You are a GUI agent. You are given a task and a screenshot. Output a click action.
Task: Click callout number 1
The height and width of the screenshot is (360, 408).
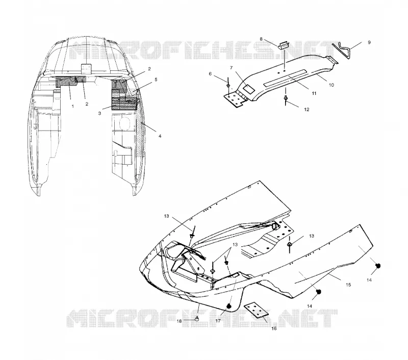pyautogui.click(x=73, y=106)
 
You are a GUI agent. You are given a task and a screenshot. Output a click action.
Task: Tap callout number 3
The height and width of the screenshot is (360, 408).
pyautogui.click(x=99, y=113)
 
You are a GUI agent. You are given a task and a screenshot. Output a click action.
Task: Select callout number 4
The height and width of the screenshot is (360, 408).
pyautogui.click(x=160, y=136)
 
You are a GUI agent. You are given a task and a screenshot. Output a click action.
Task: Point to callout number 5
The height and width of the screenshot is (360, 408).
pyautogui.click(x=156, y=80)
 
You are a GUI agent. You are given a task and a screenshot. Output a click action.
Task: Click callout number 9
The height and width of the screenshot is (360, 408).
pyautogui.click(x=369, y=42)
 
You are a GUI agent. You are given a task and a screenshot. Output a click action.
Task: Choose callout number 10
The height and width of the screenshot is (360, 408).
pyautogui.click(x=331, y=85)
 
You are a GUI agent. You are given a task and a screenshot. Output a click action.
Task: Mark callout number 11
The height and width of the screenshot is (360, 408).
pyautogui.click(x=314, y=93)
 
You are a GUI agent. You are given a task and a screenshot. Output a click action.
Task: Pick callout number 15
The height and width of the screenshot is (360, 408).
pyautogui.click(x=348, y=285)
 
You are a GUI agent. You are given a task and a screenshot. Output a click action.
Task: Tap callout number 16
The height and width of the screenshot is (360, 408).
pyautogui.click(x=274, y=328)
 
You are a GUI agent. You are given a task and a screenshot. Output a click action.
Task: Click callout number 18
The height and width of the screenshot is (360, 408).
pyautogui.click(x=179, y=321)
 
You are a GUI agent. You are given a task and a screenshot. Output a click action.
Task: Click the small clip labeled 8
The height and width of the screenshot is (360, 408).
pyautogui.click(x=284, y=45)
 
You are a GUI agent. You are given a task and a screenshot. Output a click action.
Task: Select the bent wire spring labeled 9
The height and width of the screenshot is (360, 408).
pyautogui.click(x=345, y=50)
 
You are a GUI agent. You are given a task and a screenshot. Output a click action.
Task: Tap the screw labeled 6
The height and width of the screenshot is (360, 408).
pyautogui.click(x=228, y=83)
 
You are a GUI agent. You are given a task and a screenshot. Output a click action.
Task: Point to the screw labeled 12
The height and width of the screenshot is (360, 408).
pyautogui.click(x=286, y=99)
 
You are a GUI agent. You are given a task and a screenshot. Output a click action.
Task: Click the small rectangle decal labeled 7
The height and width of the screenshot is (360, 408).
pyautogui.click(x=248, y=89)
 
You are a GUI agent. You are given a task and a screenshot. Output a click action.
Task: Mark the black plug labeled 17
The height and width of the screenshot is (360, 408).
pyautogui.click(x=229, y=306)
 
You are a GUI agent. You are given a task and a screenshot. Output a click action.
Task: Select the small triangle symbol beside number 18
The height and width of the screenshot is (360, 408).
pyautogui.click(x=197, y=318)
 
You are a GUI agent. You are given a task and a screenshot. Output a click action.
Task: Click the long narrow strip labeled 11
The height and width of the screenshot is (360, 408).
pyautogui.click(x=285, y=78)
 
